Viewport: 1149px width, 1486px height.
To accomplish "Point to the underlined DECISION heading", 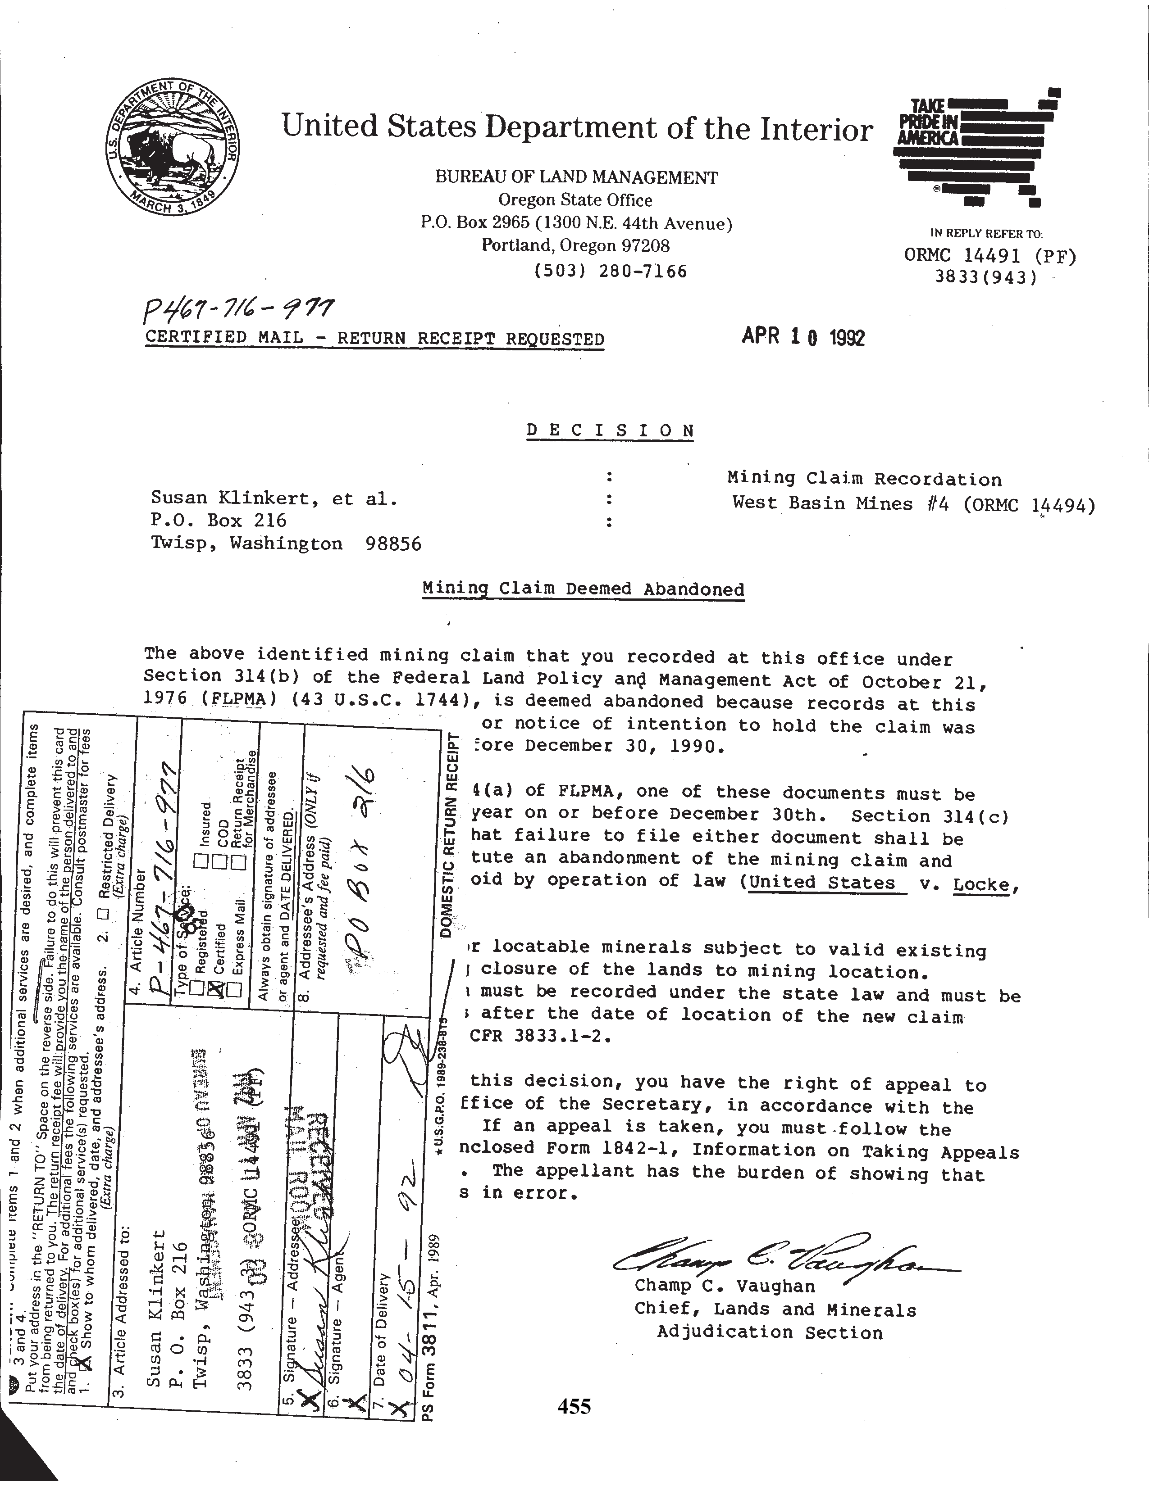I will (x=611, y=430).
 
